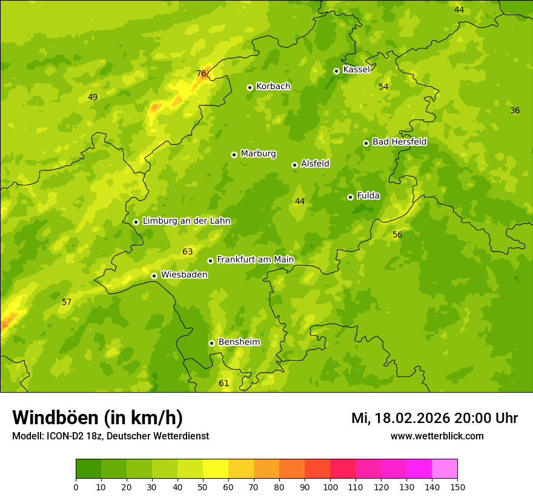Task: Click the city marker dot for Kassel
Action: [x=336, y=71]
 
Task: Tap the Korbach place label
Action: [x=273, y=87]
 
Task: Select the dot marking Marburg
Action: [x=234, y=155]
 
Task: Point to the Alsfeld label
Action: [x=315, y=164]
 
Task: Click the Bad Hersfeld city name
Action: [x=399, y=142]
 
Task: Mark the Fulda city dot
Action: [x=350, y=197]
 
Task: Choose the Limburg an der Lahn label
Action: [x=187, y=221]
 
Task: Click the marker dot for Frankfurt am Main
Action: [x=210, y=261]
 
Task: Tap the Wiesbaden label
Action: [x=184, y=275]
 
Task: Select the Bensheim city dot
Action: [x=211, y=343]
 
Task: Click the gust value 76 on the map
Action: [x=201, y=74]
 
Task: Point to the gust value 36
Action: [x=515, y=110]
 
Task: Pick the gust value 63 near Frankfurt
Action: [x=187, y=252]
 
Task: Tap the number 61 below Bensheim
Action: [x=224, y=383]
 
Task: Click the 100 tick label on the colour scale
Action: [x=330, y=487]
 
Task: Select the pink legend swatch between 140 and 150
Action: [x=445, y=469]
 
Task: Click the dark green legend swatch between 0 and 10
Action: [x=88, y=469]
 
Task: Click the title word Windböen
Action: [x=55, y=418]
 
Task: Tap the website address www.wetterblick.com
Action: [x=437, y=436]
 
